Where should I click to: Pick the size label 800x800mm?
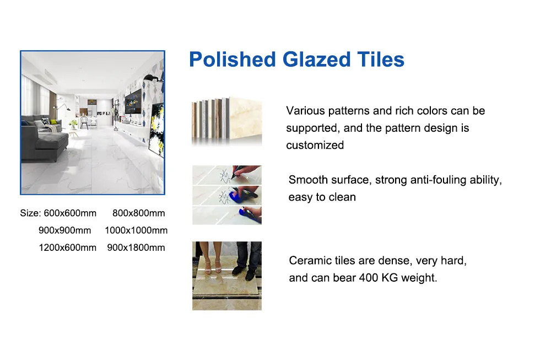point(138,213)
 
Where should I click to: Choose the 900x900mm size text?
point(64,230)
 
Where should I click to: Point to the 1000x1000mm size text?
point(136,230)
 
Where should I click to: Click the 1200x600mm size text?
point(67,248)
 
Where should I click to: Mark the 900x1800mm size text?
point(136,248)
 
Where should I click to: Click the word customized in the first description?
point(315,146)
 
